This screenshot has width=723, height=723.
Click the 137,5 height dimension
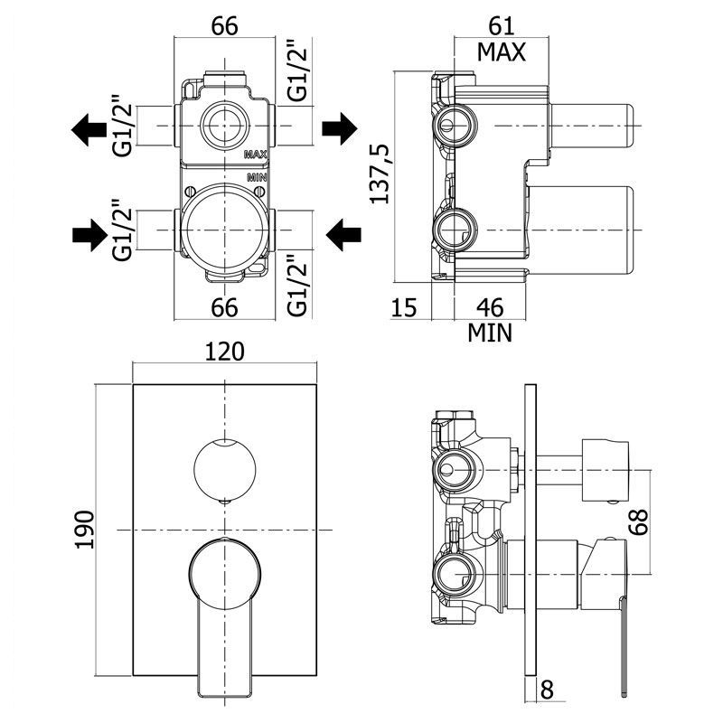(x=380, y=174)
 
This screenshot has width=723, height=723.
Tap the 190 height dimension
(x=85, y=530)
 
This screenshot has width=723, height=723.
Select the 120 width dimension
(x=224, y=352)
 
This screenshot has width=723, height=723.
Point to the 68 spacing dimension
(x=639, y=522)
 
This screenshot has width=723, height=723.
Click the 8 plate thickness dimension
(x=547, y=690)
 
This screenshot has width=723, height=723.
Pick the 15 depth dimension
(x=404, y=307)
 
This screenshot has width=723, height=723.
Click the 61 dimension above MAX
(x=502, y=26)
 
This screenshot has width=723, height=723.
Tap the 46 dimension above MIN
(x=490, y=307)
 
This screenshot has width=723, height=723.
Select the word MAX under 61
(x=502, y=52)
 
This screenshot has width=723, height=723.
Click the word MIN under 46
(x=490, y=333)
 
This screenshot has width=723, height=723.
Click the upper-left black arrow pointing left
(x=89, y=129)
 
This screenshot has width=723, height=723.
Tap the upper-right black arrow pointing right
(x=340, y=128)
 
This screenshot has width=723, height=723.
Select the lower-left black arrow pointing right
(x=89, y=235)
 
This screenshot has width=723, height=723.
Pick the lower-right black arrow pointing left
(x=343, y=235)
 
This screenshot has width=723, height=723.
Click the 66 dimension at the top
(x=224, y=26)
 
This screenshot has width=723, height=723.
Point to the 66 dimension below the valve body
(x=224, y=307)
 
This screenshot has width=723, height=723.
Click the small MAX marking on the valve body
(x=256, y=155)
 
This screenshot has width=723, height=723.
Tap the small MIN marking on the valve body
(x=258, y=177)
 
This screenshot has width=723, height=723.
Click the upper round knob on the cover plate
(x=225, y=469)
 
